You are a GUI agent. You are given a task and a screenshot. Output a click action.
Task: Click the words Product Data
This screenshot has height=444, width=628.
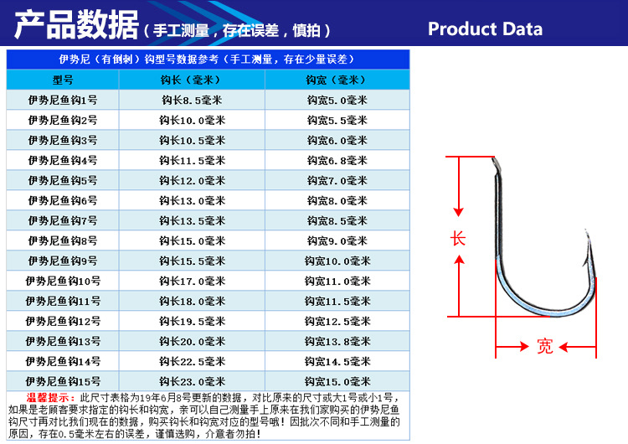pyautogui.click(x=485, y=29)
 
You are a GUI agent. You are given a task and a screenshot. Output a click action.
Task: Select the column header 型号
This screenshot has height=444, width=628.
pyautogui.click(x=63, y=80)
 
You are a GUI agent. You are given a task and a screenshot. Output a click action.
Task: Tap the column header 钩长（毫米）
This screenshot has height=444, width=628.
pyautogui.click(x=192, y=80)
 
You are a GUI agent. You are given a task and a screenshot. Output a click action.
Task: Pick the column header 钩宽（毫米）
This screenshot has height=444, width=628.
pyautogui.click(x=337, y=80)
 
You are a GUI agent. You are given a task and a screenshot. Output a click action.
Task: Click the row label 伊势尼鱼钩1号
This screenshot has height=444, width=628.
pyautogui.click(x=63, y=101)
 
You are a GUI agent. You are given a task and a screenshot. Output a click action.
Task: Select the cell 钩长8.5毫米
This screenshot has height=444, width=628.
pyautogui.click(x=192, y=101)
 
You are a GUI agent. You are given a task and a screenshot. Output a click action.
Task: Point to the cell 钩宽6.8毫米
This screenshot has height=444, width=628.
pyautogui.click(x=337, y=161)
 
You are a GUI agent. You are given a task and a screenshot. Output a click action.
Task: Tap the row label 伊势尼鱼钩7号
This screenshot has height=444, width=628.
pyautogui.click(x=63, y=221)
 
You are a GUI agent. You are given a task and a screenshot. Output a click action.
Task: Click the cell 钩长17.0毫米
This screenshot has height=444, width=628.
pyautogui.click(x=192, y=281)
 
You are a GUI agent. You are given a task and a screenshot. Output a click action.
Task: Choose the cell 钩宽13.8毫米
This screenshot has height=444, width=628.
pyautogui.click(x=337, y=342)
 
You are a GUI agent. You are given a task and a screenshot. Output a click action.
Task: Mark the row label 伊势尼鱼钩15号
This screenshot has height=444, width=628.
pyautogui.click(x=63, y=382)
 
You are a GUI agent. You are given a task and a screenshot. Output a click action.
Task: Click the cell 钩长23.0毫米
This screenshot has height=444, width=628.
pyautogui.click(x=192, y=382)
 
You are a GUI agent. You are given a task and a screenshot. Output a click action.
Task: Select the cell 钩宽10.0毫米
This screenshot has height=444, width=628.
pyautogui.click(x=337, y=261)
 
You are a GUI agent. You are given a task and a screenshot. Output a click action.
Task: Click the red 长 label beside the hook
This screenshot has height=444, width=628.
pyautogui.click(x=458, y=239)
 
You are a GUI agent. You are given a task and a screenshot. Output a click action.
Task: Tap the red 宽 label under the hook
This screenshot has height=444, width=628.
pyautogui.click(x=545, y=347)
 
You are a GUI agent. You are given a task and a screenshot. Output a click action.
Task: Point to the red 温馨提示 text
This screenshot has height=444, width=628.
pyautogui.click(x=49, y=397)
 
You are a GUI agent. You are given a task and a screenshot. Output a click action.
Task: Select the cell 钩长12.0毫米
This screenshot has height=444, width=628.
pyautogui.click(x=192, y=181)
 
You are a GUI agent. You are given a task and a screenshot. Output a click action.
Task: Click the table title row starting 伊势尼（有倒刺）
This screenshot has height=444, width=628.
pyautogui.click(x=208, y=59)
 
